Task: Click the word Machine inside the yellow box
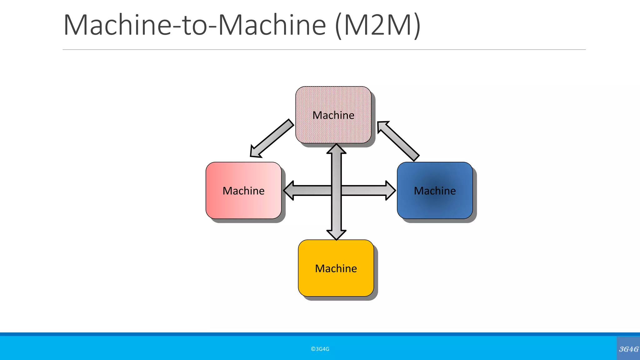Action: point(336,268)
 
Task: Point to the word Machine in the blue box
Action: point(435,191)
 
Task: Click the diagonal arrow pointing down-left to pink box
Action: point(272,138)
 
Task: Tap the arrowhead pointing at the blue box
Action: point(391,190)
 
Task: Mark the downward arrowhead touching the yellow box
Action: point(336,235)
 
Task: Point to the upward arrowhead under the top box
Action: point(336,149)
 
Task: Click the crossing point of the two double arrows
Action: point(336,190)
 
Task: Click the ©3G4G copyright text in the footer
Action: point(320,349)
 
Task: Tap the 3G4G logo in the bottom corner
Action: point(628,349)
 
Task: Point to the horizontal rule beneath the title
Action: point(324,50)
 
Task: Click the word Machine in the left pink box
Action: point(243,191)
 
